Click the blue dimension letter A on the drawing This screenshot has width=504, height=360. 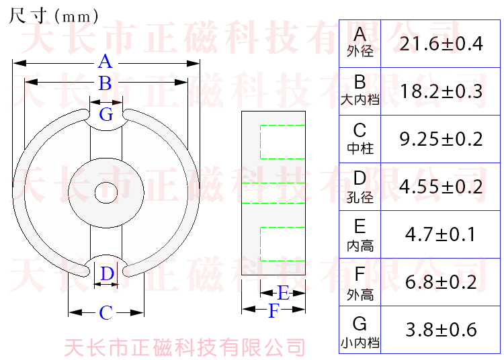105,62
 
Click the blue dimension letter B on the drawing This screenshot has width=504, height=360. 105,84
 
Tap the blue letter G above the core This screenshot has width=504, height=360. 106,115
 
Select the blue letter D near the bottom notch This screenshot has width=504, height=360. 107,274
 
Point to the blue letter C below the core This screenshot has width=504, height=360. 106,313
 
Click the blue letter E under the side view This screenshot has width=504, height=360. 283,293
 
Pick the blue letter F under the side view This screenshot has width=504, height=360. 273,311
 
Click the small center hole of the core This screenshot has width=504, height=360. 106,192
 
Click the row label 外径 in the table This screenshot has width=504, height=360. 360,52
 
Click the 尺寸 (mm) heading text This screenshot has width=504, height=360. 54,15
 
